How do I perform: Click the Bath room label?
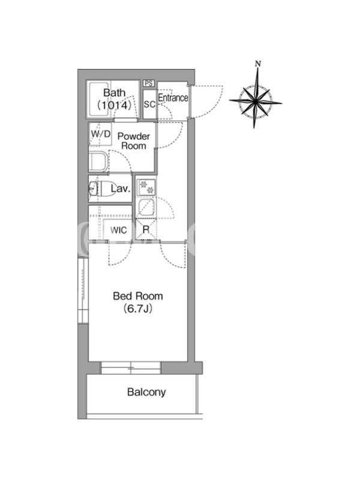tap(114, 92)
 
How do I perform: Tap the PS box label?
tap(149, 83)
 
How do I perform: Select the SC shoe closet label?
tap(149, 104)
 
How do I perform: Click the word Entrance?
tap(173, 98)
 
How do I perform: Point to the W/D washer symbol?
tap(100, 134)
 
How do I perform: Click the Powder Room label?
tap(134, 141)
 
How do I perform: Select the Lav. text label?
tap(121, 188)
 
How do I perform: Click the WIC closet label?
tap(118, 230)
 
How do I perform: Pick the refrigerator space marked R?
tap(146, 229)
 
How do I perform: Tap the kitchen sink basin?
tap(146, 208)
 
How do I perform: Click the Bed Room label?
tap(138, 296)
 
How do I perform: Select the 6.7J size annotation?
tap(138, 309)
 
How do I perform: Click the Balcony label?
tap(146, 392)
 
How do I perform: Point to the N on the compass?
tap(258, 64)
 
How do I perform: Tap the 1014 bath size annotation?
tap(114, 106)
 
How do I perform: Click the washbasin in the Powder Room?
tap(98, 161)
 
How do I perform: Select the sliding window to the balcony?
tap(131, 368)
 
